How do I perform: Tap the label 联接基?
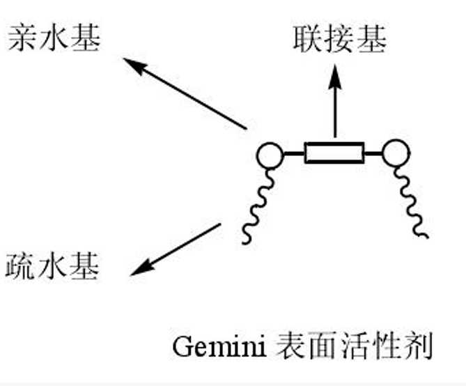pos(339,40)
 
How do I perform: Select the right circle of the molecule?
pos(395,154)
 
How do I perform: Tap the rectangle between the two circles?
pos(334,153)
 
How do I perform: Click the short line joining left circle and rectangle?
pos(293,153)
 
